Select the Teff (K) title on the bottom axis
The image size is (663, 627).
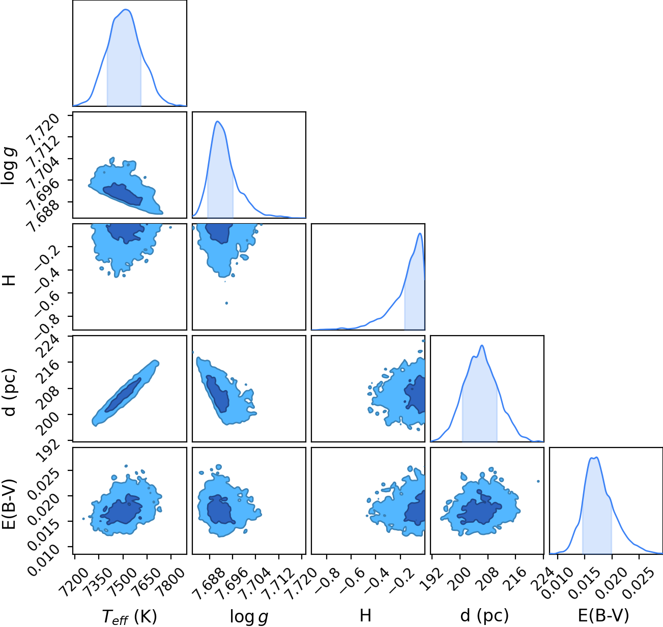[130, 616]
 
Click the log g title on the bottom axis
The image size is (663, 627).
[249, 616]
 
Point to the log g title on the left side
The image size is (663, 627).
[9, 166]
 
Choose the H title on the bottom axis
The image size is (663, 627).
[365, 615]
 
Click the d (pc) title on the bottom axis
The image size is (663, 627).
[484, 616]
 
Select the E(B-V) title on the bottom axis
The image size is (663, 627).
[603, 616]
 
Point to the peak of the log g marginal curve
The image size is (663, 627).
[217, 122]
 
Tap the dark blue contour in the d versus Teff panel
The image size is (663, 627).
[123, 395]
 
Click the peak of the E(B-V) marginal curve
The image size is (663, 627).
[596, 458]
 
